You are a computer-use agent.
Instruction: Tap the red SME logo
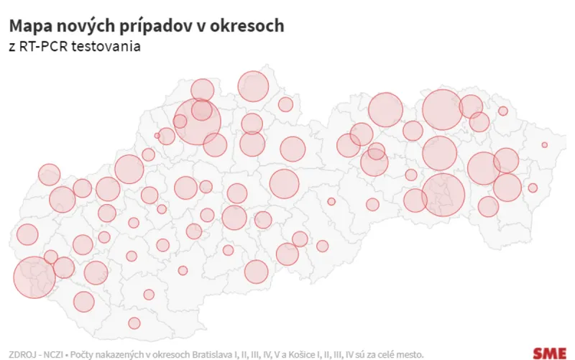click(549, 353)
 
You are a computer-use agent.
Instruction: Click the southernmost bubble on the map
click(134, 323)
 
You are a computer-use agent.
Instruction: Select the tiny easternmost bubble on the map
click(544, 145)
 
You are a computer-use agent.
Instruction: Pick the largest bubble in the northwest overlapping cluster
click(198, 122)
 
